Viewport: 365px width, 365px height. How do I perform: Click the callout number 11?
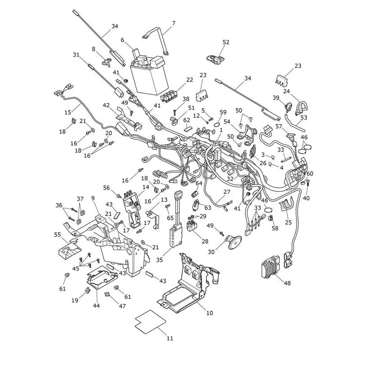pyautogui.click(x=170, y=339)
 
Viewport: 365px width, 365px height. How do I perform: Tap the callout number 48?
pyautogui.click(x=287, y=283)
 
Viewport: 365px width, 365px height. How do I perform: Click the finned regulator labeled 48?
pyautogui.click(x=270, y=267)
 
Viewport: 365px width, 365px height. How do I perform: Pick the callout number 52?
pyautogui.click(x=226, y=42)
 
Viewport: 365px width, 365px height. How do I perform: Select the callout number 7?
pyautogui.click(x=174, y=23)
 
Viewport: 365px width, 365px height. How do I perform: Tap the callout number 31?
pyautogui.click(x=76, y=55)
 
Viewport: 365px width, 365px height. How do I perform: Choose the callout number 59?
pyautogui.click(x=223, y=112)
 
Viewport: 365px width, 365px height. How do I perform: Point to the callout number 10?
pyautogui.click(x=209, y=313)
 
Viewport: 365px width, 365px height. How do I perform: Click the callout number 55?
pyautogui.click(x=57, y=235)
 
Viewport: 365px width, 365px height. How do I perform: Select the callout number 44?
pyautogui.click(x=96, y=305)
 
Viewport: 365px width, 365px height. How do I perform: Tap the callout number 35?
pyautogui.click(x=159, y=260)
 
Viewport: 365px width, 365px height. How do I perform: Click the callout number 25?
pyautogui.click(x=288, y=222)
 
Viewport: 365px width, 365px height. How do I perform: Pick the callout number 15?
pyautogui.click(x=68, y=112)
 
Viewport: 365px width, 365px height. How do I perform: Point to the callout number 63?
pyautogui.click(x=208, y=208)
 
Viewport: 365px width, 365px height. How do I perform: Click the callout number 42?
pyautogui.click(x=106, y=105)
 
